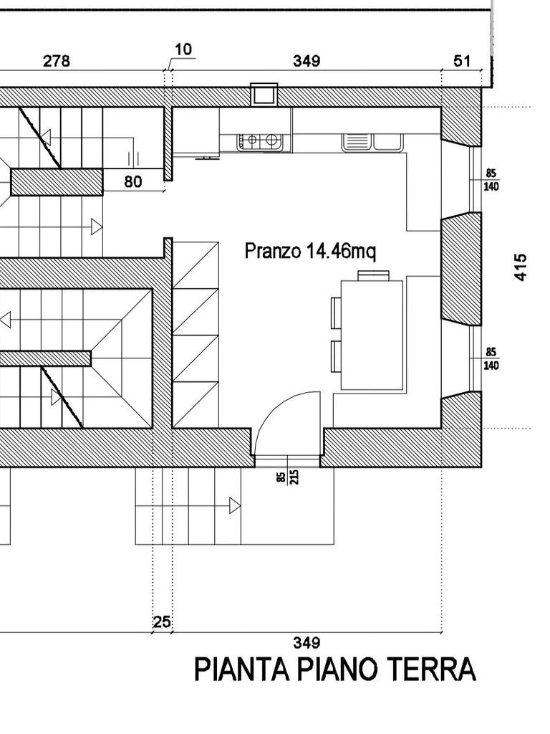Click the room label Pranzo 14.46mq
point(310,251)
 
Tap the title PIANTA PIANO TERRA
point(335,669)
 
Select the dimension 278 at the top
point(56,61)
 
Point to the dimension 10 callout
point(184,49)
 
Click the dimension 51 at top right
point(462,61)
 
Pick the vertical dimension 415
point(521,267)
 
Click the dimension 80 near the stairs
point(133,181)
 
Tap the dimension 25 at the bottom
point(162,622)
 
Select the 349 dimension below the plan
point(307,643)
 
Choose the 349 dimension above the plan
point(307,61)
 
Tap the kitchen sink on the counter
point(372,143)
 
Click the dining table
point(372,335)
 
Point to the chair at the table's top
point(373,275)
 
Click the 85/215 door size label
point(287,477)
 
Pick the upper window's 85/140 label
point(491,180)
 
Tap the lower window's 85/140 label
point(491,358)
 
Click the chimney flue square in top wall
point(264,94)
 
